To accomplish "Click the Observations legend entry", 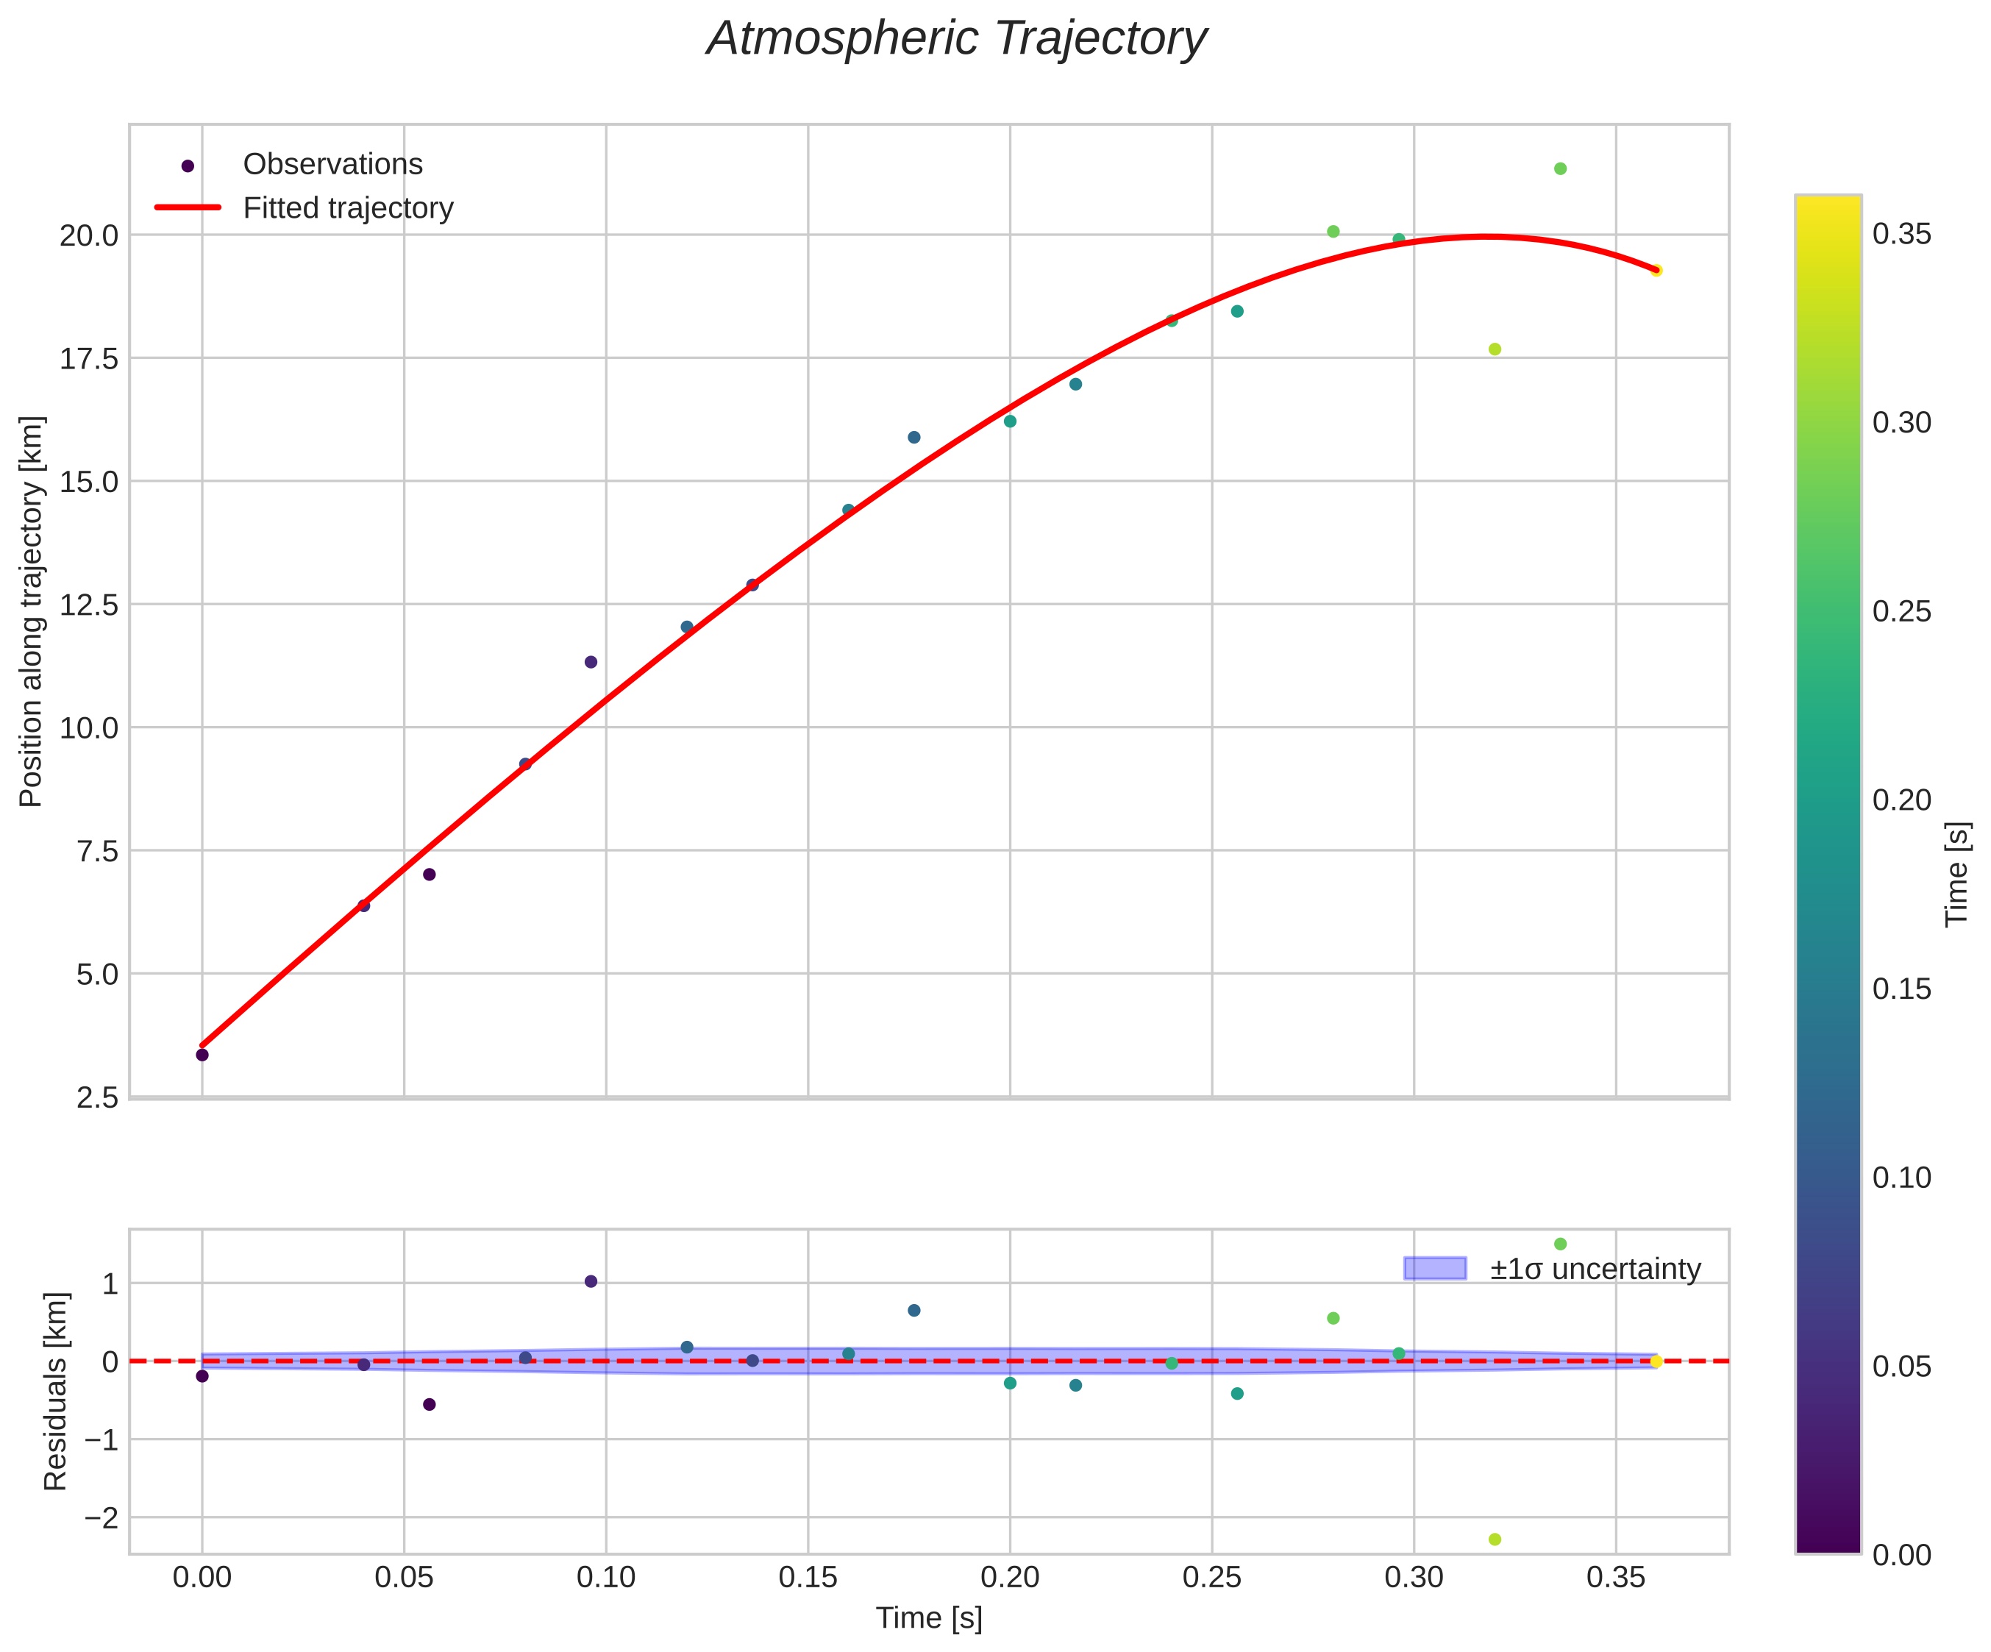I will click(x=332, y=164).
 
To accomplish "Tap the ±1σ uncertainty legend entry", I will click(x=1595, y=1269).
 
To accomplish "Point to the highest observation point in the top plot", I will click(x=1559, y=168).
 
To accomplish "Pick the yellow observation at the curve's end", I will click(x=1656, y=270).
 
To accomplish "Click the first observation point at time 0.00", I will click(x=202, y=1055).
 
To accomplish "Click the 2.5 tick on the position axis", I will click(x=96, y=1098).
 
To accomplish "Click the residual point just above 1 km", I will click(x=591, y=1281).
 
